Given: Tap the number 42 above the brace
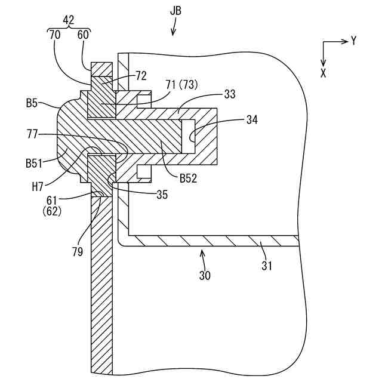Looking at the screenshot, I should pyautogui.click(x=69, y=20).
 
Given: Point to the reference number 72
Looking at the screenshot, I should pyautogui.click(x=141, y=76).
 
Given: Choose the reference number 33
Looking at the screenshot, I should pyautogui.click(x=229, y=94).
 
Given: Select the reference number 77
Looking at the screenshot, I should pyautogui.click(x=34, y=135).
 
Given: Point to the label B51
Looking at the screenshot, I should pyautogui.click(x=35, y=161).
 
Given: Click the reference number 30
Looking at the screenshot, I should pyautogui.click(x=205, y=275).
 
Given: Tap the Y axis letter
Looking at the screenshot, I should pyautogui.click(x=353, y=41).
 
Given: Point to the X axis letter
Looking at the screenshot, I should pyautogui.click(x=324, y=73).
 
